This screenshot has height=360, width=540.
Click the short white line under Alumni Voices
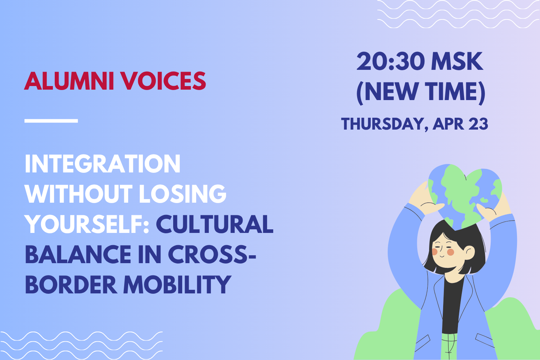click(51, 121)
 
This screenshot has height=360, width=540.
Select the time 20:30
click(390, 62)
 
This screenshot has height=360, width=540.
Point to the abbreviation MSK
click(457, 62)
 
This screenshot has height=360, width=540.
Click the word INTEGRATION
click(103, 164)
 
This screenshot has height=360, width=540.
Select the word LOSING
click(183, 194)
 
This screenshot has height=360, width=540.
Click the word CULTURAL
click(215, 224)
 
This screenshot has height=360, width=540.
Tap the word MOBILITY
click(177, 284)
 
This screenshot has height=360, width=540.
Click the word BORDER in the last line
click(71, 284)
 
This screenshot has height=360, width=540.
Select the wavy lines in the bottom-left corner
click(81, 345)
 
